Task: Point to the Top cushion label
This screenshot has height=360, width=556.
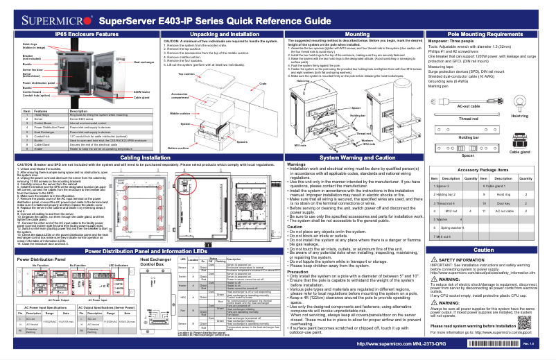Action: click(186, 74)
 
